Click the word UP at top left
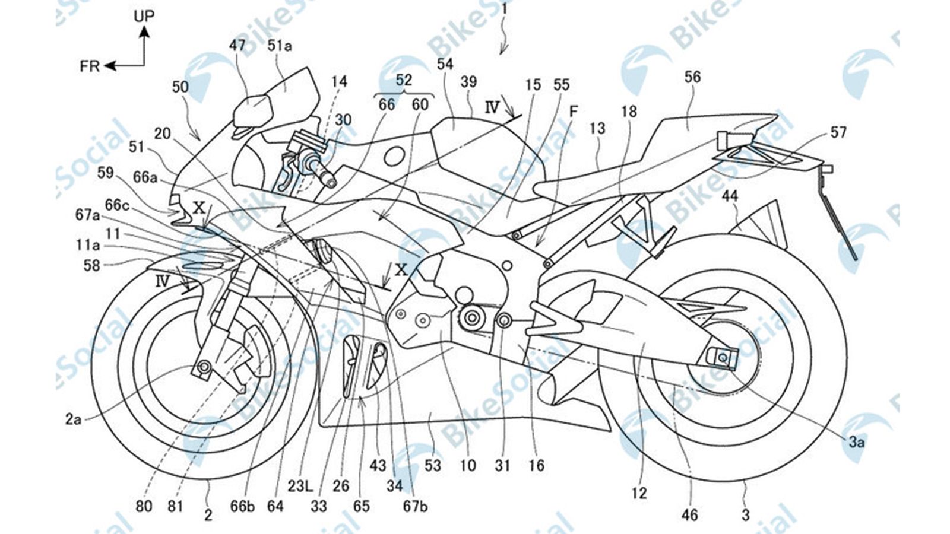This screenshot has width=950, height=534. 143,16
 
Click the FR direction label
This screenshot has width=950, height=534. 90,66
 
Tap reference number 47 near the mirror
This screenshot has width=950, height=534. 241,45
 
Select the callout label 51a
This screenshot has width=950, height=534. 280,45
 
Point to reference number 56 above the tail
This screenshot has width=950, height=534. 692,77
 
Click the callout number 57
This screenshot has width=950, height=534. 838,133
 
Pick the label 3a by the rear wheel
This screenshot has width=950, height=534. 856,441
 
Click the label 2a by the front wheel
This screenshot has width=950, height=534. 73,419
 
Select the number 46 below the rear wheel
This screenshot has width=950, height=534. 689,515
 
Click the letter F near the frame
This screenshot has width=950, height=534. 574,111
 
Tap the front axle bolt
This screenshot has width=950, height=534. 204,368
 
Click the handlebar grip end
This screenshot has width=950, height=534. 330,180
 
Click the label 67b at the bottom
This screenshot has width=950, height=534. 415,506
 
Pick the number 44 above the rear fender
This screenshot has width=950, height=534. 730,195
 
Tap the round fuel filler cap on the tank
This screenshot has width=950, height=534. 392,157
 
